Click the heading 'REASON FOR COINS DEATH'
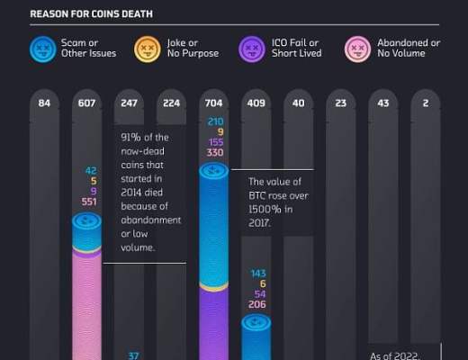pyautogui.click(x=91, y=13)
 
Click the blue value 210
pyautogui.click(x=215, y=121)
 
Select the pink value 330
pyautogui.click(x=215, y=154)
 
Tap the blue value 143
pyautogui.click(x=257, y=273)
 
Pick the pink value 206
pyautogui.click(x=257, y=305)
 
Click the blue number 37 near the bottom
pyautogui.click(x=133, y=355)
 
